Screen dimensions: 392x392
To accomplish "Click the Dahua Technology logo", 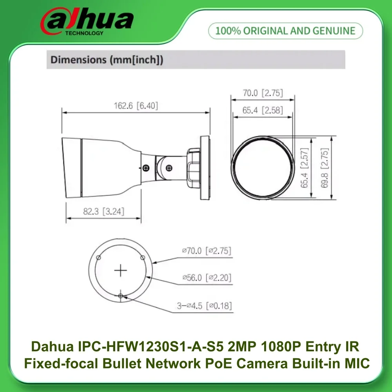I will (87, 22).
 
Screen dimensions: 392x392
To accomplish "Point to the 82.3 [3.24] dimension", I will (103, 211).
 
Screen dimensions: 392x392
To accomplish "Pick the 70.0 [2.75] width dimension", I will (262, 93).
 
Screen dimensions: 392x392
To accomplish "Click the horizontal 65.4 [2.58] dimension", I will (262, 110).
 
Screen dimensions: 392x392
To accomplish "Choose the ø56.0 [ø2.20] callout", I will (207, 278).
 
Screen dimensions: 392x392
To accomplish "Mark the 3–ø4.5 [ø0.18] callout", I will (204, 306).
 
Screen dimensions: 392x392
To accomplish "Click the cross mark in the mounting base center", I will (121, 270).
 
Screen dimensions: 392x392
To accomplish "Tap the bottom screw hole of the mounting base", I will (121, 296).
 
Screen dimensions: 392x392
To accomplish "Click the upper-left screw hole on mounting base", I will (99, 258).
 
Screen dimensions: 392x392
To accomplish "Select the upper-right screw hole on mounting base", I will (143, 258).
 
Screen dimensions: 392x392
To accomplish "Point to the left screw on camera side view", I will (146, 168).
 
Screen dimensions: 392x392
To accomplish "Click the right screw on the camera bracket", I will (169, 168).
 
